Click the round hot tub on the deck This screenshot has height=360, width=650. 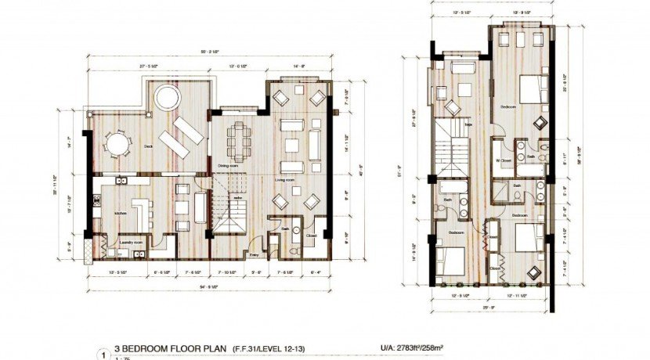165,98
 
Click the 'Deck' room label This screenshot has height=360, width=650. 148,146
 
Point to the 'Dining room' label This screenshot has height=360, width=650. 228,166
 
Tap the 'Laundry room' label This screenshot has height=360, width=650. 128,242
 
